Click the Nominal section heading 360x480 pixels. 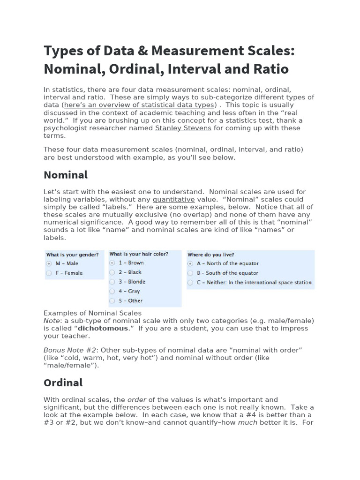click(66, 175)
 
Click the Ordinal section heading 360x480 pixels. click(63, 382)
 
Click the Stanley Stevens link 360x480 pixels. click(183, 128)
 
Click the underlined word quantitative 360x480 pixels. click(173, 199)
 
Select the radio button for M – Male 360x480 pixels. click(49, 263)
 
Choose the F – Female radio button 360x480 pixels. click(49, 273)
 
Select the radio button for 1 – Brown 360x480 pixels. click(112, 263)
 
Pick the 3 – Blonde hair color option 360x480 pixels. click(112, 282)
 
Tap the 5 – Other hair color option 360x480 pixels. click(112, 301)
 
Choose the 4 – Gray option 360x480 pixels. click(112, 291)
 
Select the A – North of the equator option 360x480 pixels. click(190, 263)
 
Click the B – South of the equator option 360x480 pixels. click(190, 273)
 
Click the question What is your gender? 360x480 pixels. click(72, 255)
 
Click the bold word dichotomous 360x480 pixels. click(102, 328)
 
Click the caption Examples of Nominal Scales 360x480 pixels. click(92, 313)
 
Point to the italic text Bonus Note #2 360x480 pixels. click(70, 350)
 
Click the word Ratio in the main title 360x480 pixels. click(271, 69)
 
